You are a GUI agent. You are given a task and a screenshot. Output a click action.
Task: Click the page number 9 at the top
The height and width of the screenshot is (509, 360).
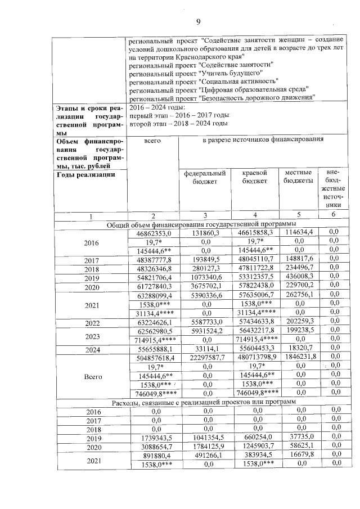pyautogui.click(x=198, y=22)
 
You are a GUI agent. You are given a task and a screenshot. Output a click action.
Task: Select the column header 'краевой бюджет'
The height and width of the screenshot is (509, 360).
pyautogui.click(x=254, y=177)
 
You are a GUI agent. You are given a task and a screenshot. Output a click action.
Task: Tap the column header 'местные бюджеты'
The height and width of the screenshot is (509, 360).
pyautogui.click(x=299, y=177)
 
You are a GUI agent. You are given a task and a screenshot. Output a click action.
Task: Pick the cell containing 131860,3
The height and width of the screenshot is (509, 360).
pyautogui.click(x=206, y=232)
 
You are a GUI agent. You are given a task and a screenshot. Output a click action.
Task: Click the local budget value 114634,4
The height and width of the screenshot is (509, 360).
pyautogui.click(x=299, y=232)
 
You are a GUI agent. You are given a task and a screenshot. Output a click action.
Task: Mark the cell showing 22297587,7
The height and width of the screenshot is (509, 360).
pyautogui.click(x=206, y=358)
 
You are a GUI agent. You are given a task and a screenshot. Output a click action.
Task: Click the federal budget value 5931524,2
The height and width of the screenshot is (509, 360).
pyautogui.click(x=206, y=331)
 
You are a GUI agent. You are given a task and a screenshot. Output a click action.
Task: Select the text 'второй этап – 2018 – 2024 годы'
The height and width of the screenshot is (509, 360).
pyautogui.click(x=178, y=123)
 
